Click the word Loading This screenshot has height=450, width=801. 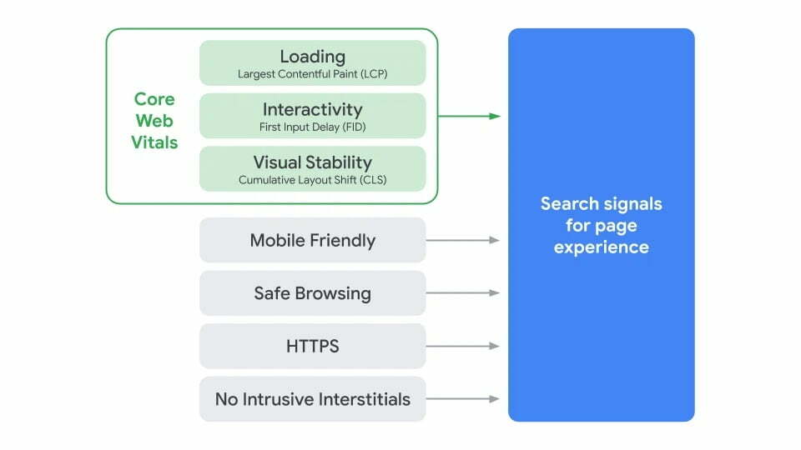pyautogui.click(x=312, y=57)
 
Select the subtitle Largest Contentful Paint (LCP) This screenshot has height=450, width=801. pyautogui.click(x=312, y=74)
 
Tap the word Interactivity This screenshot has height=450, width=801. pyautogui.click(x=312, y=109)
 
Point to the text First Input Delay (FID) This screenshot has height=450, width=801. pyautogui.click(x=312, y=127)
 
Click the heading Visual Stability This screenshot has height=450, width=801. pyautogui.click(x=312, y=162)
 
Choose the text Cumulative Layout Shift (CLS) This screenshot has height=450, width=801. pyautogui.click(x=312, y=180)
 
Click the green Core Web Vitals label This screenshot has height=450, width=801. pyautogui.click(x=154, y=121)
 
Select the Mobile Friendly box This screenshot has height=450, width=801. pyautogui.click(x=312, y=241)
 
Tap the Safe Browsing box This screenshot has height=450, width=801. pyautogui.click(x=312, y=293)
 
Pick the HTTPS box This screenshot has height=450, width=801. pyautogui.click(x=312, y=346)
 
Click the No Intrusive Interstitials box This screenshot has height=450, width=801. pyautogui.click(x=312, y=399)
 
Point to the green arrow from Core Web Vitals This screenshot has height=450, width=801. pyautogui.click(x=469, y=116)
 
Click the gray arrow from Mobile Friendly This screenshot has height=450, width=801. pyautogui.click(x=463, y=240)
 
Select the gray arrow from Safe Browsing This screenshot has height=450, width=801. pyautogui.click(x=463, y=292)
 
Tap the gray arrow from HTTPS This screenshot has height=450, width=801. pyautogui.click(x=463, y=346)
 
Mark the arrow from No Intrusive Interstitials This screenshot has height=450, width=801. pyautogui.click(x=463, y=399)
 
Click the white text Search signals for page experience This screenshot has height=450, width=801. pyautogui.click(x=601, y=225)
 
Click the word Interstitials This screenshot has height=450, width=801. pyautogui.click(x=361, y=399)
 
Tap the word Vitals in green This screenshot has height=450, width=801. pyautogui.click(x=154, y=142)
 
